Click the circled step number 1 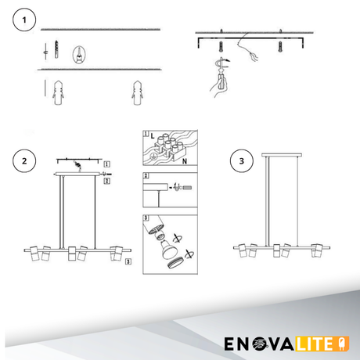tap(24, 20)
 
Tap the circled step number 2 tap(24, 161)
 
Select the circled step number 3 tap(242, 161)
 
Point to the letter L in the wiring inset tap(153, 135)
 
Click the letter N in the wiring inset tap(185, 161)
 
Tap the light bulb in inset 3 tap(169, 250)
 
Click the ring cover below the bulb tap(175, 263)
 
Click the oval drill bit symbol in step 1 tap(79, 55)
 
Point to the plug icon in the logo tap(344, 344)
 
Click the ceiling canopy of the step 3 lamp tap(282, 155)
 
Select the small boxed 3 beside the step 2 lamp tap(128, 261)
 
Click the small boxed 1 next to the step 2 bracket tap(107, 164)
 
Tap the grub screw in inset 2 tap(187, 187)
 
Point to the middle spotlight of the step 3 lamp tap(276, 250)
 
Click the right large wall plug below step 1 tap(137, 92)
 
